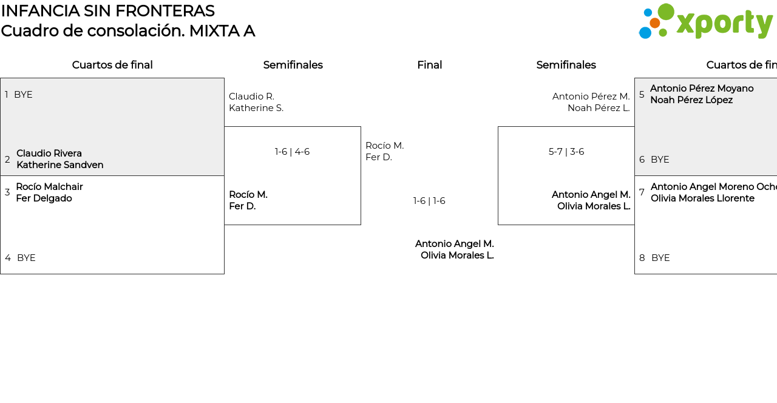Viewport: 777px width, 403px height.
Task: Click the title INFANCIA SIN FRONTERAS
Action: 107,11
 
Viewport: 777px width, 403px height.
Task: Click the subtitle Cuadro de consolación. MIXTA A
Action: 127,31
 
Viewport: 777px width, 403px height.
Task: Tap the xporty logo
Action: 705,22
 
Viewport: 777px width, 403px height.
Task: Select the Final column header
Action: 429,65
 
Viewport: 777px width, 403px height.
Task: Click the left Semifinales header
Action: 293,65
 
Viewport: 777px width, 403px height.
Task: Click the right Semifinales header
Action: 566,65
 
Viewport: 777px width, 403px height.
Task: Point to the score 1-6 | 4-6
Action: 292,152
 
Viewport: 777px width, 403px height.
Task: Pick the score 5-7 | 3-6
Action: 566,152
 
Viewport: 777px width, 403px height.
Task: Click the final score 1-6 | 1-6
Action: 429,201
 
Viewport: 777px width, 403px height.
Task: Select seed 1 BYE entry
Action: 22,95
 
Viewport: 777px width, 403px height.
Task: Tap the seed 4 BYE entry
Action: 25,258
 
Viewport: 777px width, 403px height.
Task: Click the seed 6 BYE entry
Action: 659,160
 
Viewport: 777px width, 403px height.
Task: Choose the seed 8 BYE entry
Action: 660,258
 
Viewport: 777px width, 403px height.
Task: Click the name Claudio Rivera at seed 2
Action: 49,154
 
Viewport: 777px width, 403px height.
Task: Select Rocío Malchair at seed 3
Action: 49,187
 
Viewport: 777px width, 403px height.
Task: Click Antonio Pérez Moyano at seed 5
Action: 702,89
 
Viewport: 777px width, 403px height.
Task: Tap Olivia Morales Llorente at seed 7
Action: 702,198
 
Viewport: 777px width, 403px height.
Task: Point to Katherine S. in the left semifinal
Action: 256,108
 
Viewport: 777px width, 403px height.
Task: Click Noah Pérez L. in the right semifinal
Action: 599,108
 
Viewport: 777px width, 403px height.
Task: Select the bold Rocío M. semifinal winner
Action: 248,195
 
